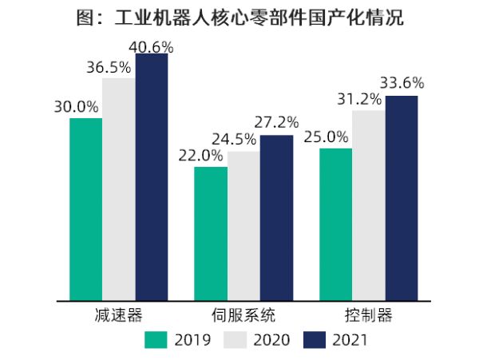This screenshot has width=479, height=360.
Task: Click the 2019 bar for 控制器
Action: (336, 224)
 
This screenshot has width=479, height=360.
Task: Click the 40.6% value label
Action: (151, 47)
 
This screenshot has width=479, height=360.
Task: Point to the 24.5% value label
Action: (234, 140)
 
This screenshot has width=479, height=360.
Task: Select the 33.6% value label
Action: (402, 82)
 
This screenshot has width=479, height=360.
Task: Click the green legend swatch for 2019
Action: (155, 339)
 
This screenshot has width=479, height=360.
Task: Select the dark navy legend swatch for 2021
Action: (315, 339)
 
